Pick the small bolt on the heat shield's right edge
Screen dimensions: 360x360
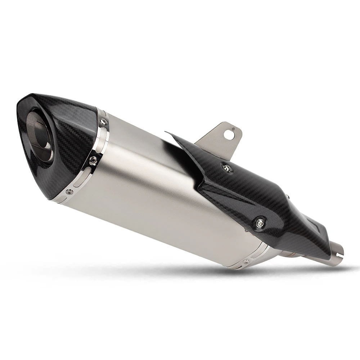pyautogui.click(x=288, y=197)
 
